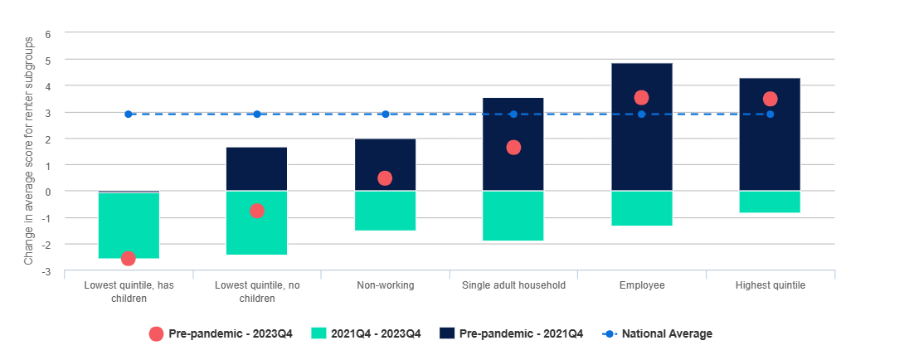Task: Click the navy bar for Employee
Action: pos(642,127)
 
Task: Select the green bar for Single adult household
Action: pos(513,216)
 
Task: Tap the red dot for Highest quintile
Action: pos(770,100)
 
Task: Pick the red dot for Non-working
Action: pos(385,178)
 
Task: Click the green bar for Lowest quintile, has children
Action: pos(129,226)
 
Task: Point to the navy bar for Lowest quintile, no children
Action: pos(257,169)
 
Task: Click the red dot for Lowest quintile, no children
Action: pos(257,211)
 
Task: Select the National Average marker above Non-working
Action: pos(385,114)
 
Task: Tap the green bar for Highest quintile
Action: pos(770,202)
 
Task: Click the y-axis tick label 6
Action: pos(48,34)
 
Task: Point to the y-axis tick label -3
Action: pos(46,271)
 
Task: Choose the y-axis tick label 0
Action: pos(48,192)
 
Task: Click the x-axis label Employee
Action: pos(642,285)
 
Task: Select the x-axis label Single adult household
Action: pos(513,285)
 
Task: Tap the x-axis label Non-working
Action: pos(385,285)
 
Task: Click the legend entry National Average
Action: pos(658,333)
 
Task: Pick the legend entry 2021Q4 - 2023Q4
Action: pos(366,333)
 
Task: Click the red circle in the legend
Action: pos(156,333)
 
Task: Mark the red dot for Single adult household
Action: pos(513,148)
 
